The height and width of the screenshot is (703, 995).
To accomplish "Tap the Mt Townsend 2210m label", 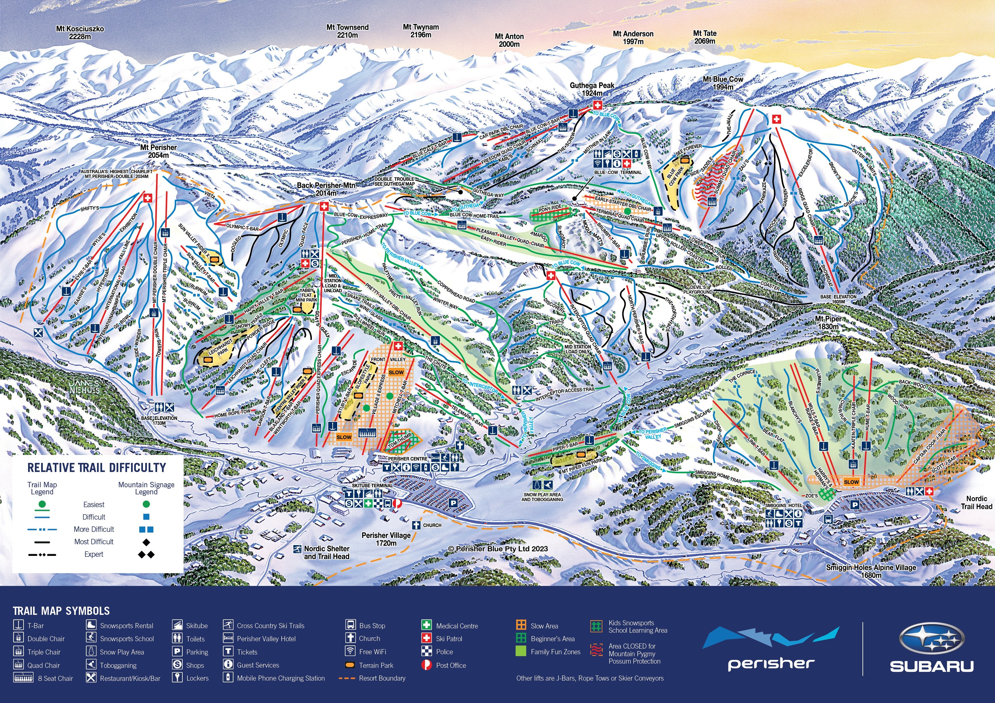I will click(347, 31).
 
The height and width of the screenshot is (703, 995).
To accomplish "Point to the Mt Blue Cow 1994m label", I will click(723, 83).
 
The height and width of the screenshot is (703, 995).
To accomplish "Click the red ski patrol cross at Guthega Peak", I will click(597, 105).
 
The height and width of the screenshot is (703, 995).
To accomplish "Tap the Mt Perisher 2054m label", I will click(158, 151).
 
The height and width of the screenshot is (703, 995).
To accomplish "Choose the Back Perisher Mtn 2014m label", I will click(326, 189).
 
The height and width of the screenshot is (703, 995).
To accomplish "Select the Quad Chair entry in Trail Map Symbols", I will click(43, 665).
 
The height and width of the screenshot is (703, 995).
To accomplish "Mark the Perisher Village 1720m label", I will click(386, 539).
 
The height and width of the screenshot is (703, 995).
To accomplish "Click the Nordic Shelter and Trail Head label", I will click(326, 552).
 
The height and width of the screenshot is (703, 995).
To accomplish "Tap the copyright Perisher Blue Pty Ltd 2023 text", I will click(498, 549).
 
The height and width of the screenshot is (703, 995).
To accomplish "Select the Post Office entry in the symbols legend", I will click(451, 665).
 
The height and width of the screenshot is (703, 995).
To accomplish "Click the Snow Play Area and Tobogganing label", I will click(542, 497).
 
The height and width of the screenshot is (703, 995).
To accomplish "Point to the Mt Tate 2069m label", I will click(705, 37).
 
